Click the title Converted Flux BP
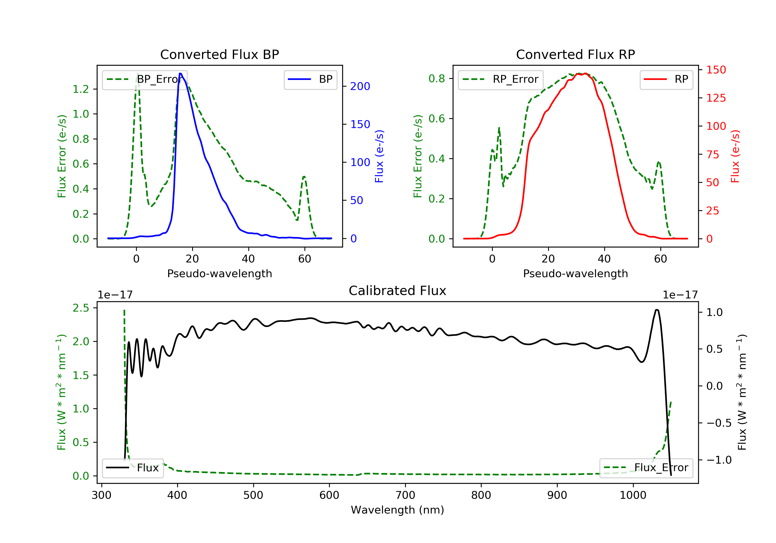pos(219,54)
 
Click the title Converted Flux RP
pos(575,54)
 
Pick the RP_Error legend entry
pos(501,79)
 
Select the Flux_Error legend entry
pos(646,468)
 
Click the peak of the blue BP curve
pos(181,73)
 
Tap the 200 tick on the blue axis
pos(360,87)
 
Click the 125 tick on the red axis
pos(716,98)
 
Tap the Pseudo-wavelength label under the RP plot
pos(575,273)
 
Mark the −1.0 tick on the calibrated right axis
pos(719,460)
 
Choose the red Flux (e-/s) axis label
pos(735,156)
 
